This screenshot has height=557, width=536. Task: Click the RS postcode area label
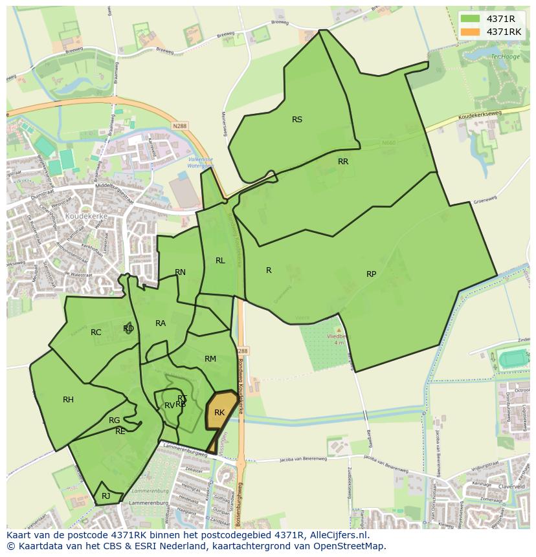point(297,119)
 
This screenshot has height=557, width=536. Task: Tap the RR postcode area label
point(343,162)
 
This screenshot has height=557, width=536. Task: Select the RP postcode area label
point(371,274)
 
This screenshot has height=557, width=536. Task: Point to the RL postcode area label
point(220,261)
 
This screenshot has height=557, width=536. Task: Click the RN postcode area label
point(180,272)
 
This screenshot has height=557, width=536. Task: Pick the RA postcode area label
point(161,323)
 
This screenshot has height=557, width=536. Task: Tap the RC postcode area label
point(96,333)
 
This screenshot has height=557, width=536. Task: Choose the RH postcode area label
point(68,400)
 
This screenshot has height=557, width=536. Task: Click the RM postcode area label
point(210,359)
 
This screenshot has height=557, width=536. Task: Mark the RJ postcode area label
point(106,496)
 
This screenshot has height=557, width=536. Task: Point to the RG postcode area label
point(114,420)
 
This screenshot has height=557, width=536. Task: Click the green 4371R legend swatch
point(469,19)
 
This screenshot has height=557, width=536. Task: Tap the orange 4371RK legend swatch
point(469,32)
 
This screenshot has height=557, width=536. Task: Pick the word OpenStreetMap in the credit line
point(353,546)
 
